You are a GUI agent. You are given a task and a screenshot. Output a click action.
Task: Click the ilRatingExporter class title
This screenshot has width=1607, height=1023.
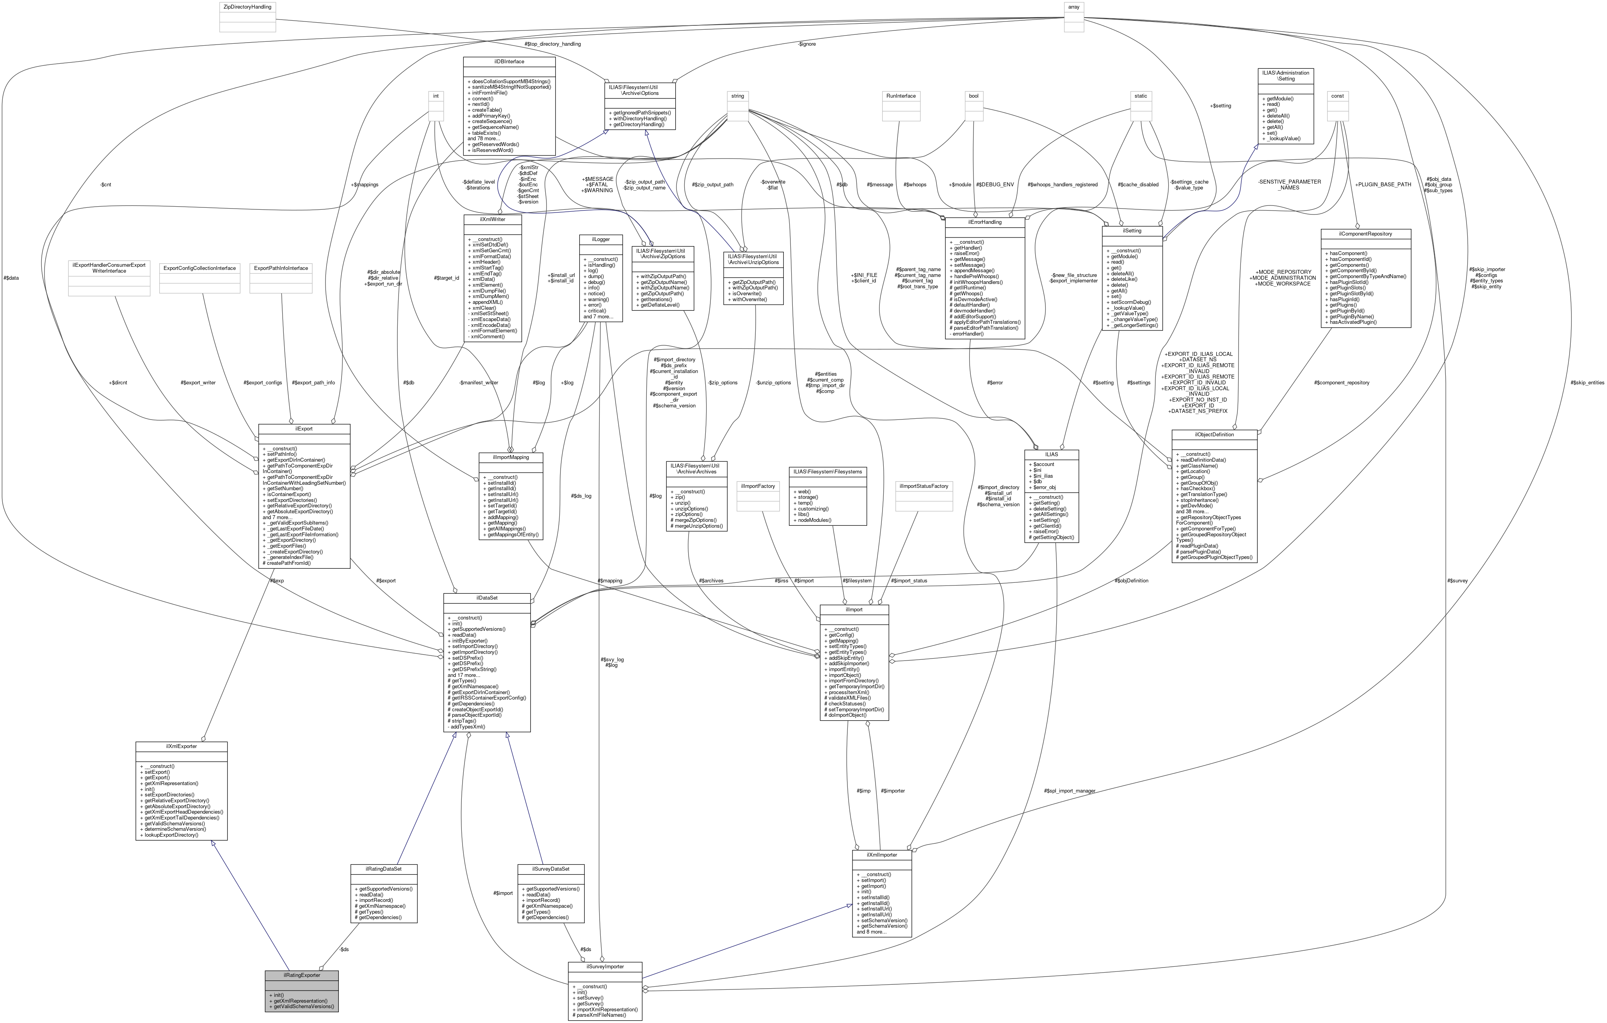coord(301,975)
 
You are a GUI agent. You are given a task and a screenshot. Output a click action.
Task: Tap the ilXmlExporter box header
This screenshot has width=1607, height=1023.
coord(181,746)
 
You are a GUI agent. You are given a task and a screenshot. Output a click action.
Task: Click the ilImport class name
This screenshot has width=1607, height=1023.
coord(854,609)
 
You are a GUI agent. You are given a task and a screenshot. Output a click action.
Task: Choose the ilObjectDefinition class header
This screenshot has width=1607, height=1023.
coord(1214,434)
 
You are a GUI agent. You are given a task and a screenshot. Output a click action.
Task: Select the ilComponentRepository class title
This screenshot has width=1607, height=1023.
coord(1365,234)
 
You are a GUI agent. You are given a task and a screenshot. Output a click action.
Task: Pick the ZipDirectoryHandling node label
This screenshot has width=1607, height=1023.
coord(247,7)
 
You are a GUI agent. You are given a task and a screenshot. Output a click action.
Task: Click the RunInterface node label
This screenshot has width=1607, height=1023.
coord(901,96)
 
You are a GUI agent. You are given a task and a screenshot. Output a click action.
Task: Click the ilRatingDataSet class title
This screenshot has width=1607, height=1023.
coord(384,869)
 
